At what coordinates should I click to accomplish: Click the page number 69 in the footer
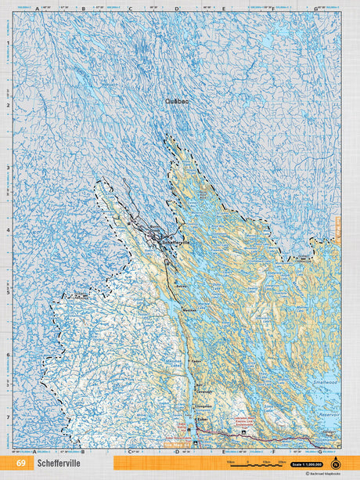(21, 464)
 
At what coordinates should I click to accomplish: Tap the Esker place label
(203, 419)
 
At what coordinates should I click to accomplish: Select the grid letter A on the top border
(37, 9)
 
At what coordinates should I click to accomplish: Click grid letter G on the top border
(315, 9)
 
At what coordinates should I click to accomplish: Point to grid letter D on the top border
(177, 9)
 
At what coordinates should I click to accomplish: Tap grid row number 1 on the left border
(8, 43)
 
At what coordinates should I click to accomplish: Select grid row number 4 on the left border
(8, 230)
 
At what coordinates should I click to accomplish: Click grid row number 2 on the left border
(8, 106)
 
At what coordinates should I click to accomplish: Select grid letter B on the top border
(83, 9)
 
